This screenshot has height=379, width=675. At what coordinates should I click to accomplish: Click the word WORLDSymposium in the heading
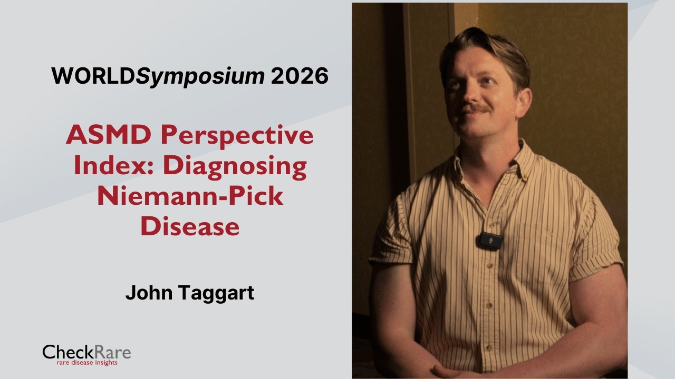click(158, 77)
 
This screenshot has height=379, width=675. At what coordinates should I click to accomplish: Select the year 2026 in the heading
click(300, 77)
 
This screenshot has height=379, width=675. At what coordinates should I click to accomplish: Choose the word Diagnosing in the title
click(235, 166)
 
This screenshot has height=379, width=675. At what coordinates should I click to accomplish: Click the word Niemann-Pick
click(190, 196)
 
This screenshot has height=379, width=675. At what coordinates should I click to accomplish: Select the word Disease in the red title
click(190, 227)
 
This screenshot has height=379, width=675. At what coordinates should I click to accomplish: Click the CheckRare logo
click(86, 352)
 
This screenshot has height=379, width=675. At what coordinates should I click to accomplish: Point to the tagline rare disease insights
click(88, 363)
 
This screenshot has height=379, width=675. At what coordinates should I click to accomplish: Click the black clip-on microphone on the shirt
click(488, 240)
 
